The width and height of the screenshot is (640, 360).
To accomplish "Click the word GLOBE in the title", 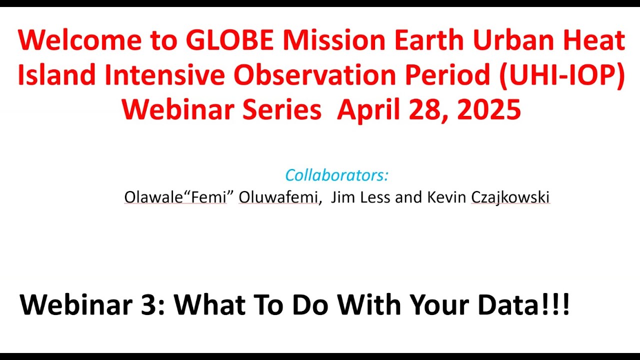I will pos(230,41).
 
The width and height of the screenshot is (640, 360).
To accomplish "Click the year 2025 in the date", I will pos(488,110).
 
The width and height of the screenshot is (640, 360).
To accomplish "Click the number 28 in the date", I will pos(428,110).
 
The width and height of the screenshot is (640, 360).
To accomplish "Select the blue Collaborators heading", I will pos(336,175).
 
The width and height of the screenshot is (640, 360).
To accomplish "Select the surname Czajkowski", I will pos(510,197).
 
